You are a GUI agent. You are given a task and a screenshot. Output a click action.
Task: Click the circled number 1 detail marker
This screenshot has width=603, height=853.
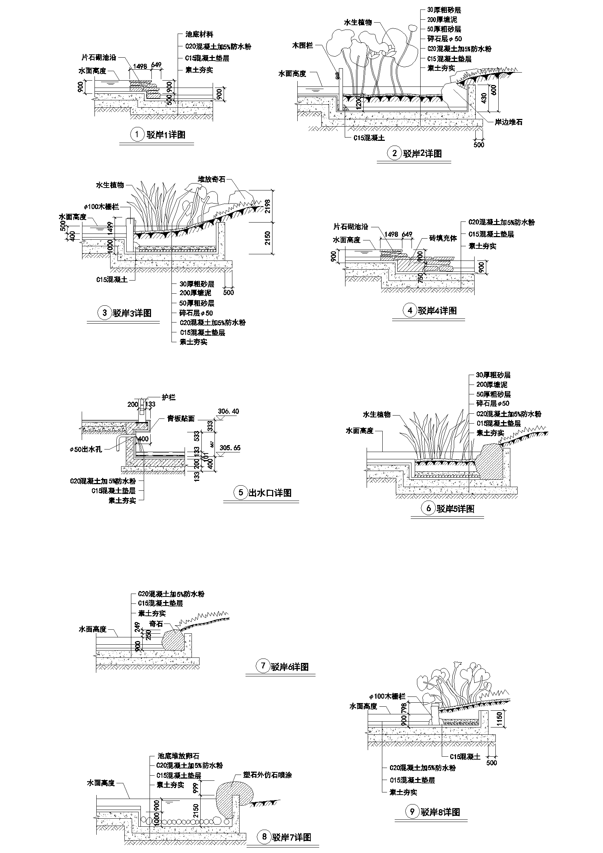[x=137, y=135]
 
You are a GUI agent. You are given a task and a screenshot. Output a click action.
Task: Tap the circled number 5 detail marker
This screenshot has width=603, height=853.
[x=241, y=493]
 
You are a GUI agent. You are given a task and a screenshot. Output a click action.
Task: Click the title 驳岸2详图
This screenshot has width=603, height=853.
[x=422, y=153]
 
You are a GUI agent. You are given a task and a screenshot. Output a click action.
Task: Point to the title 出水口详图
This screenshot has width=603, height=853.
[x=270, y=493]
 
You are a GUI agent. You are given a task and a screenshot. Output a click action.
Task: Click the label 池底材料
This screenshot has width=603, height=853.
[x=199, y=35]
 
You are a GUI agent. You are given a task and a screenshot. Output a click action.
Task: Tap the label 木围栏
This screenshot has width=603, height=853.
[x=303, y=46]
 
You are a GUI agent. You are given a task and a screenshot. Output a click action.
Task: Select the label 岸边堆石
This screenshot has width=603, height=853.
[x=508, y=122]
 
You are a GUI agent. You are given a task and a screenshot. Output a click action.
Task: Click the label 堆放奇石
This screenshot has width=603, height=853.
[x=212, y=179]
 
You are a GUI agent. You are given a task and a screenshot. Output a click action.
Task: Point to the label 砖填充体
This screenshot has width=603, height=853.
[x=443, y=238]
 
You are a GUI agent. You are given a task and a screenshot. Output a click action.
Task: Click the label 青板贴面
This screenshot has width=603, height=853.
[x=181, y=418]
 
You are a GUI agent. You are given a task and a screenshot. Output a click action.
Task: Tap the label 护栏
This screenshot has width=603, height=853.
[x=169, y=398]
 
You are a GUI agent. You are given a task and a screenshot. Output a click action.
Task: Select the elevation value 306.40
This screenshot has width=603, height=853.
[x=228, y=411]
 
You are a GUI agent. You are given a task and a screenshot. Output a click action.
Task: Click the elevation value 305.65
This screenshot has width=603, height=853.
[x=230, y=448]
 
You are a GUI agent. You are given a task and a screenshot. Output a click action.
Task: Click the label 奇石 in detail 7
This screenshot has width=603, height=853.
[x=156, y=624]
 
